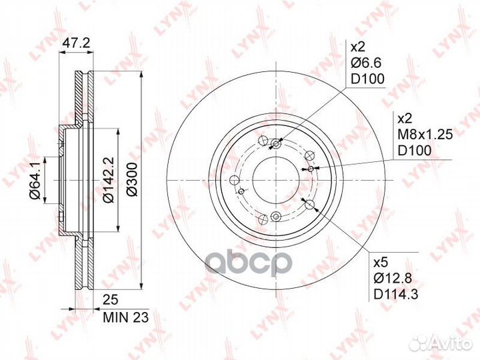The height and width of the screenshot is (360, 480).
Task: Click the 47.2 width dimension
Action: click(x=75, y=43)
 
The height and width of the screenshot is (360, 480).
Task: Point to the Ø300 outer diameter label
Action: click(x=132, y=179)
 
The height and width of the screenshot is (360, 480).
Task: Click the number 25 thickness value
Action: click(x=111, y=300)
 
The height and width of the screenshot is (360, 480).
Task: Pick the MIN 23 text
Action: click(x=125, y=317)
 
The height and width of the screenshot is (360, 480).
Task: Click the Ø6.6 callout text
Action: click(x=366, y=63)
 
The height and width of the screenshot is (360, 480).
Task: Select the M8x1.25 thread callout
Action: click(x=425, y=134)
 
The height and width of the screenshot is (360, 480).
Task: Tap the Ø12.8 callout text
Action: click(x=393, y=278)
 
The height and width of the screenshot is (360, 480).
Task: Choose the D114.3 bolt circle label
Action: click(x=396, y=294)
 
